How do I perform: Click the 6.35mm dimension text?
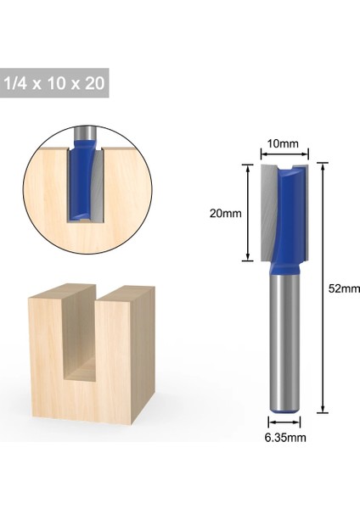(x=284, y=438)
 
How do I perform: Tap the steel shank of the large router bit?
(x=284, y=348)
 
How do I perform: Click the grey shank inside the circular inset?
(x=82, y=133)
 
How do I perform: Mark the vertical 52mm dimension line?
(x=323, y=288)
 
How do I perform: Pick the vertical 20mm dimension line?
(x=248, y=214)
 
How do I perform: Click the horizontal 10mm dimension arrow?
(x=284, y=154)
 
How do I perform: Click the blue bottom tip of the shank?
(x=284, y=411)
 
